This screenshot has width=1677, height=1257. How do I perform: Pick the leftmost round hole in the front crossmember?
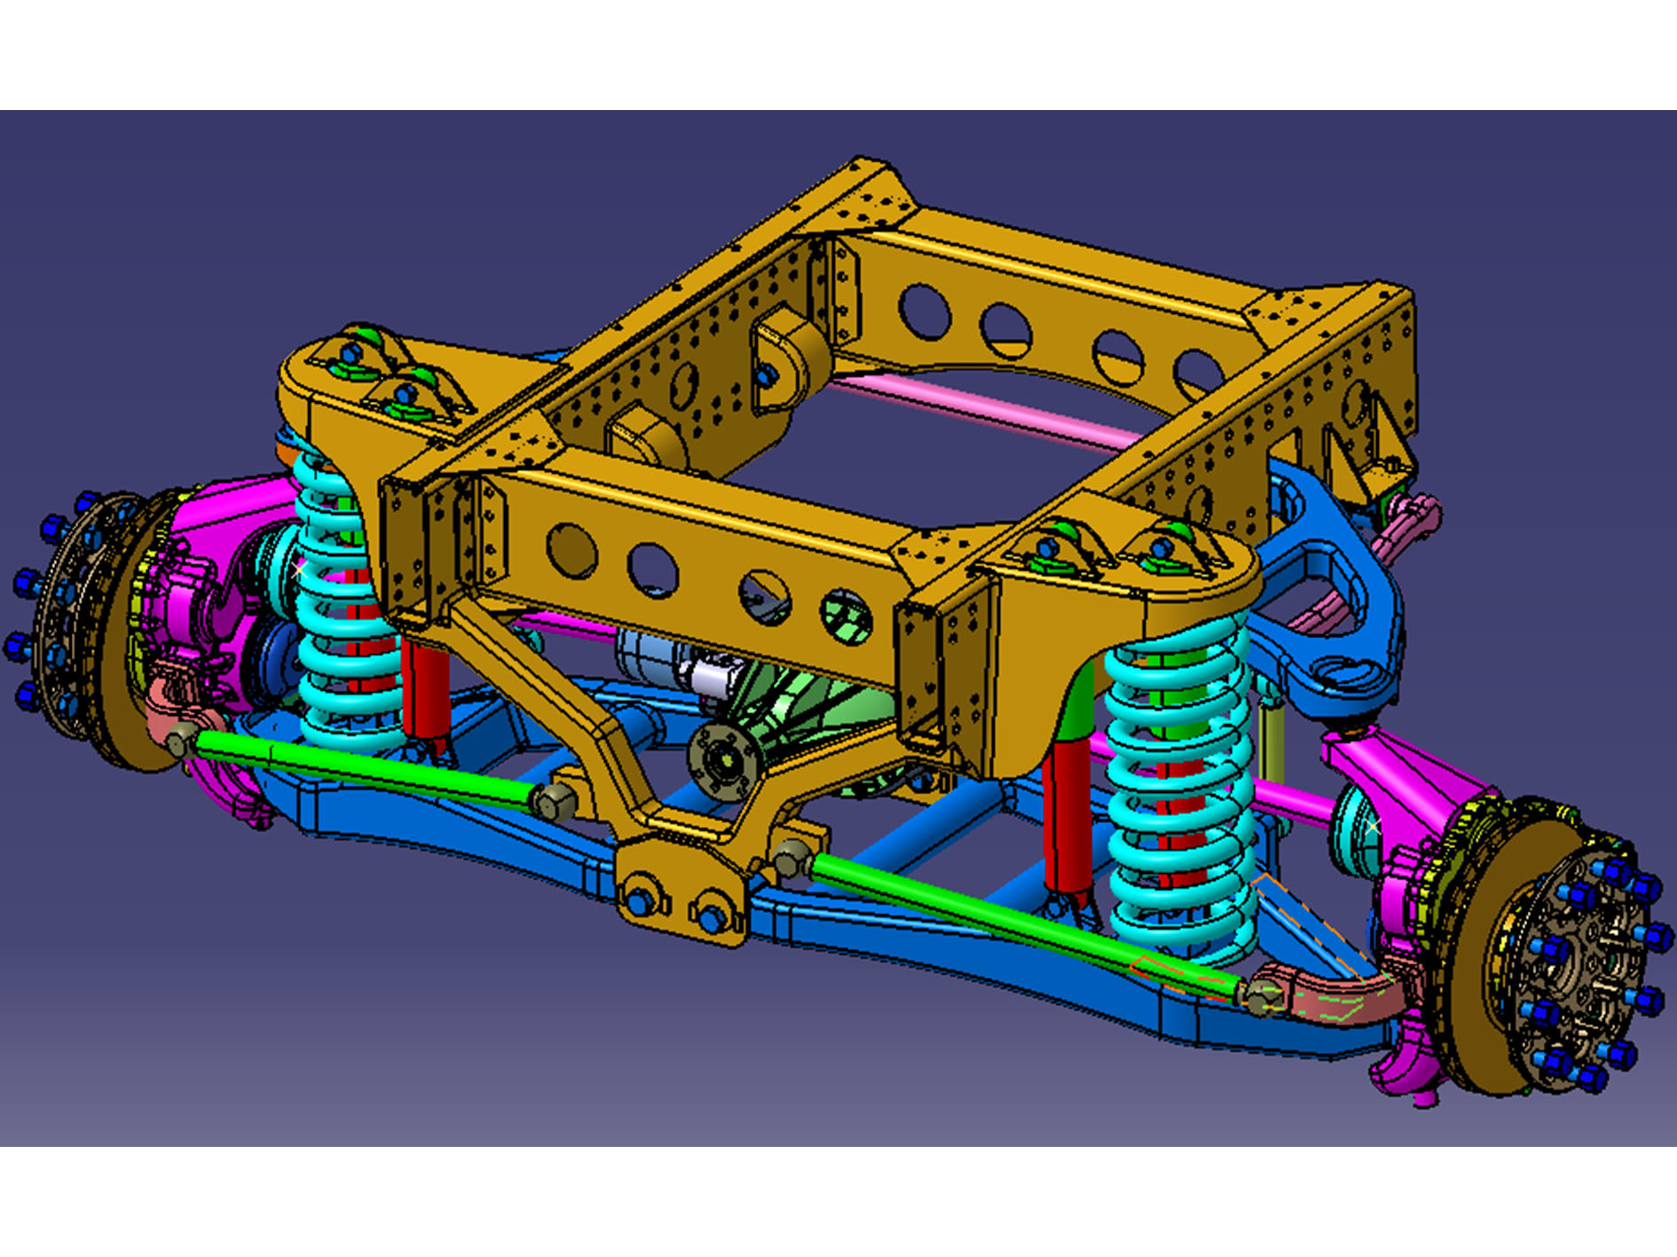click(x=571, y=550)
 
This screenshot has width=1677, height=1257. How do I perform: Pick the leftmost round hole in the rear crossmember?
click(x=923, y=310)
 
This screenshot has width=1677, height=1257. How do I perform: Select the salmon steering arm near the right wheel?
click(x=1331, y=994)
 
